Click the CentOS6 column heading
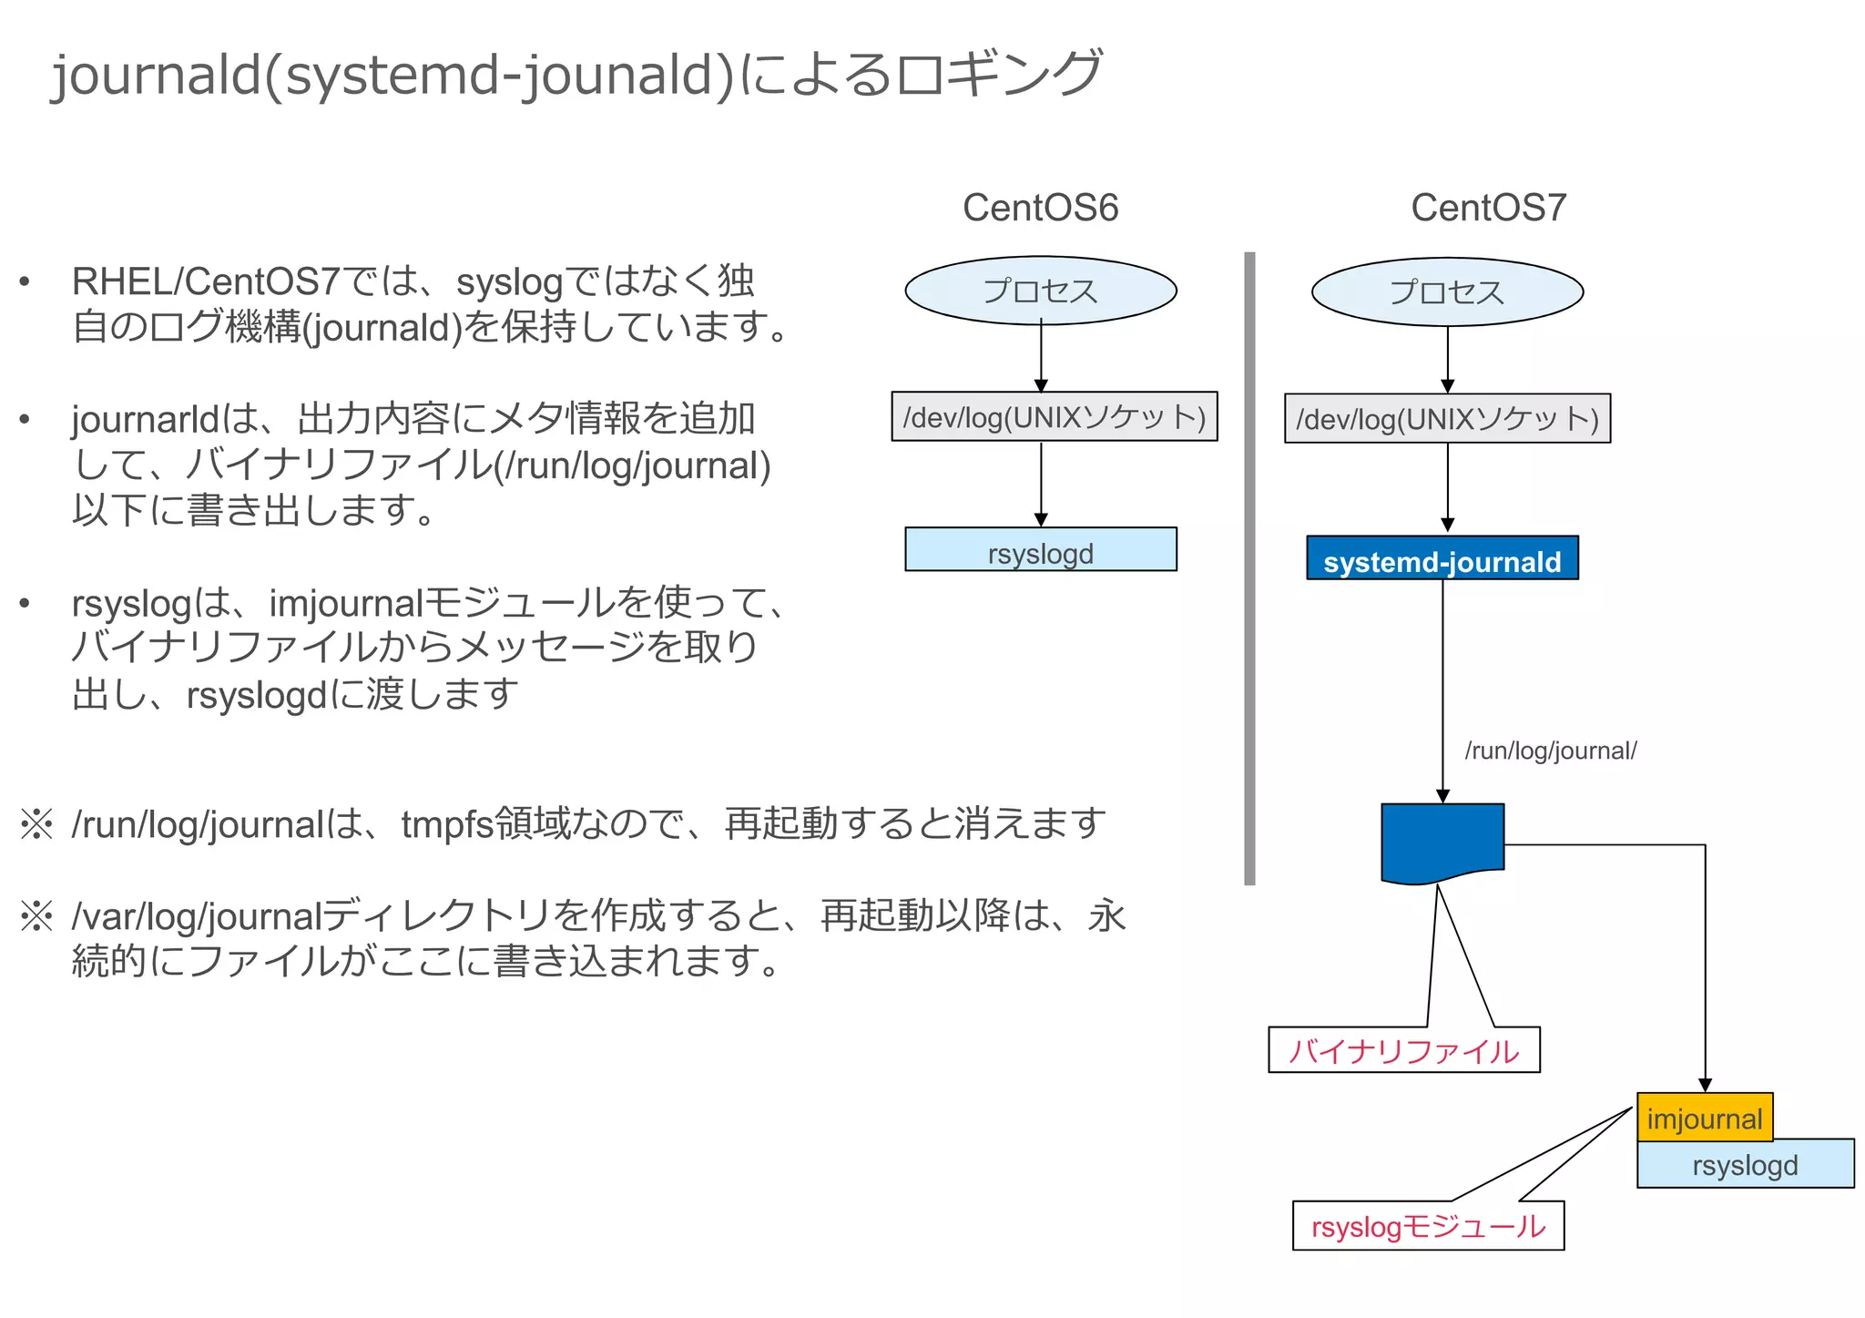1040,208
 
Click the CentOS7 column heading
1488,208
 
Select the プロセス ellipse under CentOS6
1040,291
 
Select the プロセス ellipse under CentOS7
1446,292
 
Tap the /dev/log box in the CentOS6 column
1054,417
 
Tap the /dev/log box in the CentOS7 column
1446,419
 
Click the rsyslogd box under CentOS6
1040,550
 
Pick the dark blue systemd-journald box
1442,559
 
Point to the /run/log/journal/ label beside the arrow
1550,751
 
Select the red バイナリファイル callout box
1403,1051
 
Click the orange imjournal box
1704,1118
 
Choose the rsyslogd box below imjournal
1745,1166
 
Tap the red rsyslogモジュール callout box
1427,1226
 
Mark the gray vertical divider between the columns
1249,568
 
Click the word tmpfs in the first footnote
447,823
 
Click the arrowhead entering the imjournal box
1705,1085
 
